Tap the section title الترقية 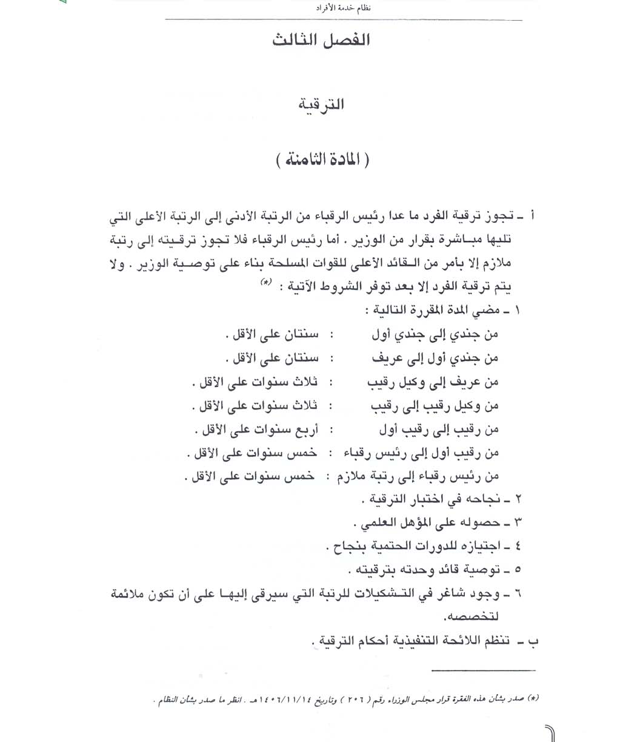pyautogui.click(x=322, y=105)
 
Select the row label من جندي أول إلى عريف pyautogui.click(x=435, y=359)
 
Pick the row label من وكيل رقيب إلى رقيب pyautogui.click(x=435, y=405)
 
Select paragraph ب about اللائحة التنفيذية pyautogui.click(x=418, y=642)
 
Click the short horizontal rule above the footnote pyautogui.click(x=484, y=670)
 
